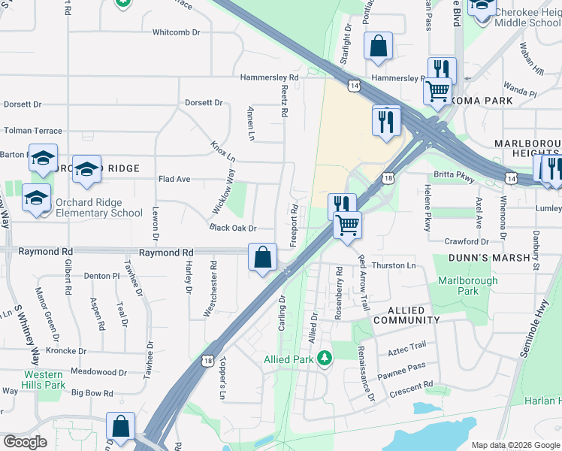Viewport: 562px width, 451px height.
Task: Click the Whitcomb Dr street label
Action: coord(177,32)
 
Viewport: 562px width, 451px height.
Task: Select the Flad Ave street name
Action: coord(174,179)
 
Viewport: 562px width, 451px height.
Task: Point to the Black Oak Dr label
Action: coord(233,228)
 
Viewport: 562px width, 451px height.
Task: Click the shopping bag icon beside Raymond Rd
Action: coord(262,257)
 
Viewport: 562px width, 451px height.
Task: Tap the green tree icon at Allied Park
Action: coord(324,357)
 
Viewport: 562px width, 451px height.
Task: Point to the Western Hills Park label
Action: coord(43,380)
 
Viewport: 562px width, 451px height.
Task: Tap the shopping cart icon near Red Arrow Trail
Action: coord(347,225)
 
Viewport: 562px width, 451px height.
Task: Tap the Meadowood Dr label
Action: coord(99,372)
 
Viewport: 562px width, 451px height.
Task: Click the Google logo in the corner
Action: coord(25,442)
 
